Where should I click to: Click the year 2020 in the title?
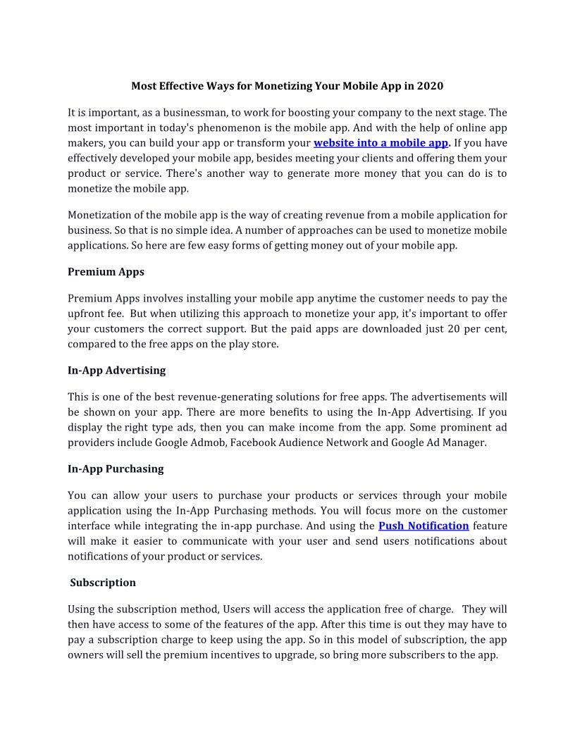[430, 86]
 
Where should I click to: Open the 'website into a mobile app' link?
[381, 143]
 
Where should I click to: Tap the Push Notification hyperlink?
[423, 526]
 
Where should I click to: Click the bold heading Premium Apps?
[106, 272]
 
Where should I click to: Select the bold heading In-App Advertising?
[116, 371]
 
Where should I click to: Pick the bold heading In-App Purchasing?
[116, 469]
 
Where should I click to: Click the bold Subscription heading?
[103, 583]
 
